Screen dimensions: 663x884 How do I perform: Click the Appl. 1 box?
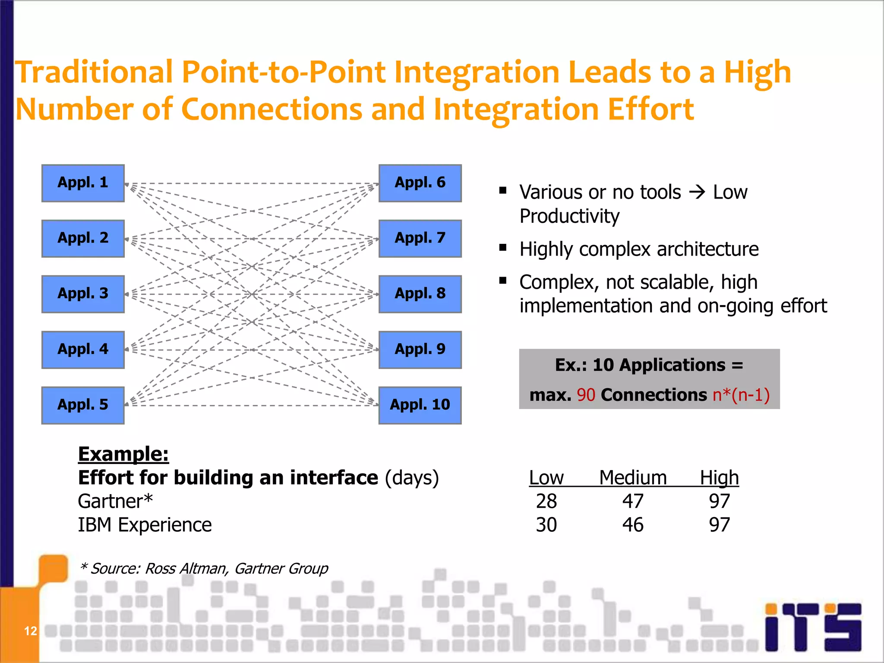[83, 183]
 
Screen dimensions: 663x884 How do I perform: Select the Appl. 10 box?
[420, 405]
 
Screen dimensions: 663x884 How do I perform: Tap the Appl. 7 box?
[420, 238]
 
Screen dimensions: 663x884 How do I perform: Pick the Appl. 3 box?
[83, 294]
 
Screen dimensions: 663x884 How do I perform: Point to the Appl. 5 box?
[83, 405]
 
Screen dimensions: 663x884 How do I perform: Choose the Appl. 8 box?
[420, 294]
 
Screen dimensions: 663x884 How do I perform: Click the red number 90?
[586, 395]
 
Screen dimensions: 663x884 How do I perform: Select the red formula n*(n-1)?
[741, 395]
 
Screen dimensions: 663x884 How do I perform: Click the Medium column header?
[633, 478]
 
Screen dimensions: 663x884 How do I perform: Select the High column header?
[719, 478]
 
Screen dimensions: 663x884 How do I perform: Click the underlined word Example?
[123, 454]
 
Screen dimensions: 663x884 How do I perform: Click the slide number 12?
[30, 631]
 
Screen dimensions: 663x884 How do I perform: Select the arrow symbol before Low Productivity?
[697, 192]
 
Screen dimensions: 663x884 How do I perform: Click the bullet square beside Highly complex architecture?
[502, 248]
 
